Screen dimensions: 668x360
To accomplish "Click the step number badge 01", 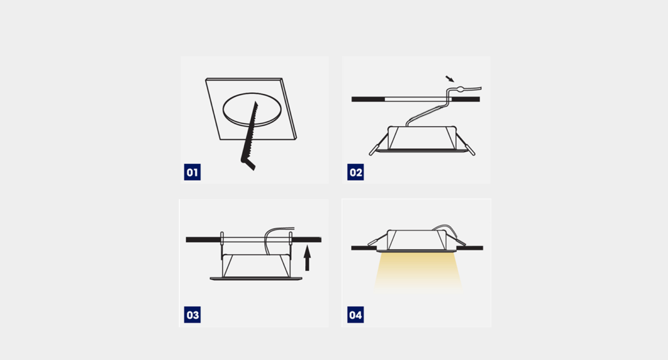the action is [192, 172].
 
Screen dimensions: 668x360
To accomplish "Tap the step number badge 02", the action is [356, 172].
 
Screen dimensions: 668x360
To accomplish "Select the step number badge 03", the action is [192, 315].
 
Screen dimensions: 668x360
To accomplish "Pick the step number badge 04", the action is [356, 315].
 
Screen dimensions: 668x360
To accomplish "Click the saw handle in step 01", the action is [248, 164].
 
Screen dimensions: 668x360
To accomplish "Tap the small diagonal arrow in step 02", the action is [450, 79].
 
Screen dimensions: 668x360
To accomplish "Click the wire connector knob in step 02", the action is [461, 88].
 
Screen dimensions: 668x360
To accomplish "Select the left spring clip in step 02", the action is [379, 144].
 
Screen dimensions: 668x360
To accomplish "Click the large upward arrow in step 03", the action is [307, 258].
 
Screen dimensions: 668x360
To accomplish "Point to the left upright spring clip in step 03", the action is [222, 245].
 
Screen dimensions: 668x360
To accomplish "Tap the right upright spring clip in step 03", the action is [290, 245].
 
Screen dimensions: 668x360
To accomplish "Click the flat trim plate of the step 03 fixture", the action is [256, 279].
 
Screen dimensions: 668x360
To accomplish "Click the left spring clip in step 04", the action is [378, 240].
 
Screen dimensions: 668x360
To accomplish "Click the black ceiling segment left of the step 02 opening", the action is [368, 99].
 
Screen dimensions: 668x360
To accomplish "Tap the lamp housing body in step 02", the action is [422, 138].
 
